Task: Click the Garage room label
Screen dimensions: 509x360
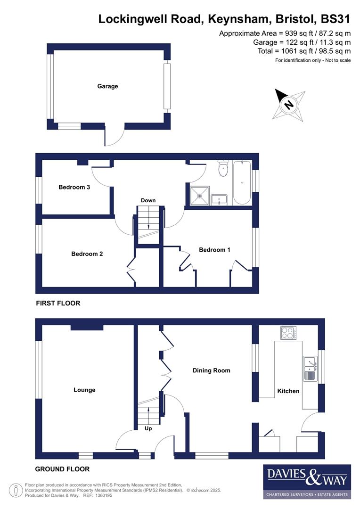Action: (x=107, y=86)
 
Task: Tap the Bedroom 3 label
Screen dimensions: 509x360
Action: (x=74, y=187)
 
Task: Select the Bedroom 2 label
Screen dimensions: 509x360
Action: (x=87, y=254)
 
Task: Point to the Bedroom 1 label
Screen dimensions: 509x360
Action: (x=214, y=250)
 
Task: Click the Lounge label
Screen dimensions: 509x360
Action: (x=84, y=390)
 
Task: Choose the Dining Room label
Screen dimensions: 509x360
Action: (x=212, y=370)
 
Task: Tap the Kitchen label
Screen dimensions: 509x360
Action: (x=288, y=391)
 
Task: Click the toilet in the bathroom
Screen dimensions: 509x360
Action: (x=223, y=168)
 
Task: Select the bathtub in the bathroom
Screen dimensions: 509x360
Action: (x=242, y=182)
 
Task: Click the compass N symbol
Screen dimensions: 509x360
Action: (x=289, y=105)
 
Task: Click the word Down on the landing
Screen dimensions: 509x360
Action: (x=148, y=201)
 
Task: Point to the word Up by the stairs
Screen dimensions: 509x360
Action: (x=148, y=429)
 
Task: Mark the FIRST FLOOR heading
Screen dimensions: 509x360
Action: (x=58, y=303)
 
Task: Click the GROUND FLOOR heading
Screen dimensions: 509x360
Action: (x=62, y=469)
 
